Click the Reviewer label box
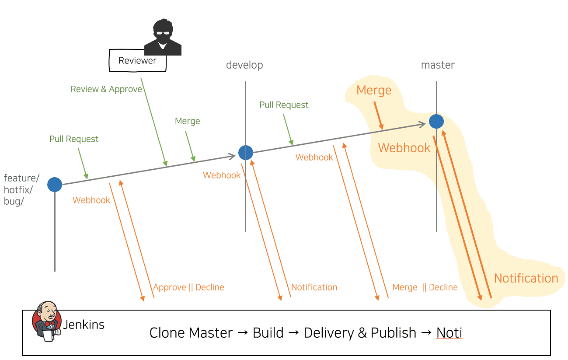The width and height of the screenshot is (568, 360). pos(138,61)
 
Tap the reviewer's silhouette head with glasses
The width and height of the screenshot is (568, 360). pos(163,32)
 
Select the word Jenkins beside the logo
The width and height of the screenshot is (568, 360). pos(84,325)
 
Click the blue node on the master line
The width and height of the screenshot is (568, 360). pos(436,121)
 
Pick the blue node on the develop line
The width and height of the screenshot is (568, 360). pos(246,152)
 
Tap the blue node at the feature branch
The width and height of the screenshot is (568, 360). pos(55,185)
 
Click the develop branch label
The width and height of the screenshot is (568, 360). pos(244,65)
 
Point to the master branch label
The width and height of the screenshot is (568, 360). pos(438,65)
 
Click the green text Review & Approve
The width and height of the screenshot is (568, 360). pos(106,89)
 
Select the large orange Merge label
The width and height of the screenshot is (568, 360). pos(374,91)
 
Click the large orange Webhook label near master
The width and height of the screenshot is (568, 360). pos(404,148)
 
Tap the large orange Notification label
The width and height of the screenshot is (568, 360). pos(526,278)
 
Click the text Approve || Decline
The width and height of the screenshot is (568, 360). pos(188,287)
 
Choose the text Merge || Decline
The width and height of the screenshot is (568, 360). pos(425,287)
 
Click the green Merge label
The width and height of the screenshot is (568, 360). pos(187,121)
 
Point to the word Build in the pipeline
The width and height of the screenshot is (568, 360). pos(268,333)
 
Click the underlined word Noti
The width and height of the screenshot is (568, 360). pos(449,333)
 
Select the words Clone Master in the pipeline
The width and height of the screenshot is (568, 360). pos(191,333)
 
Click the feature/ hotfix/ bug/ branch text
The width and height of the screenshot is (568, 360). pos(21,190)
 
